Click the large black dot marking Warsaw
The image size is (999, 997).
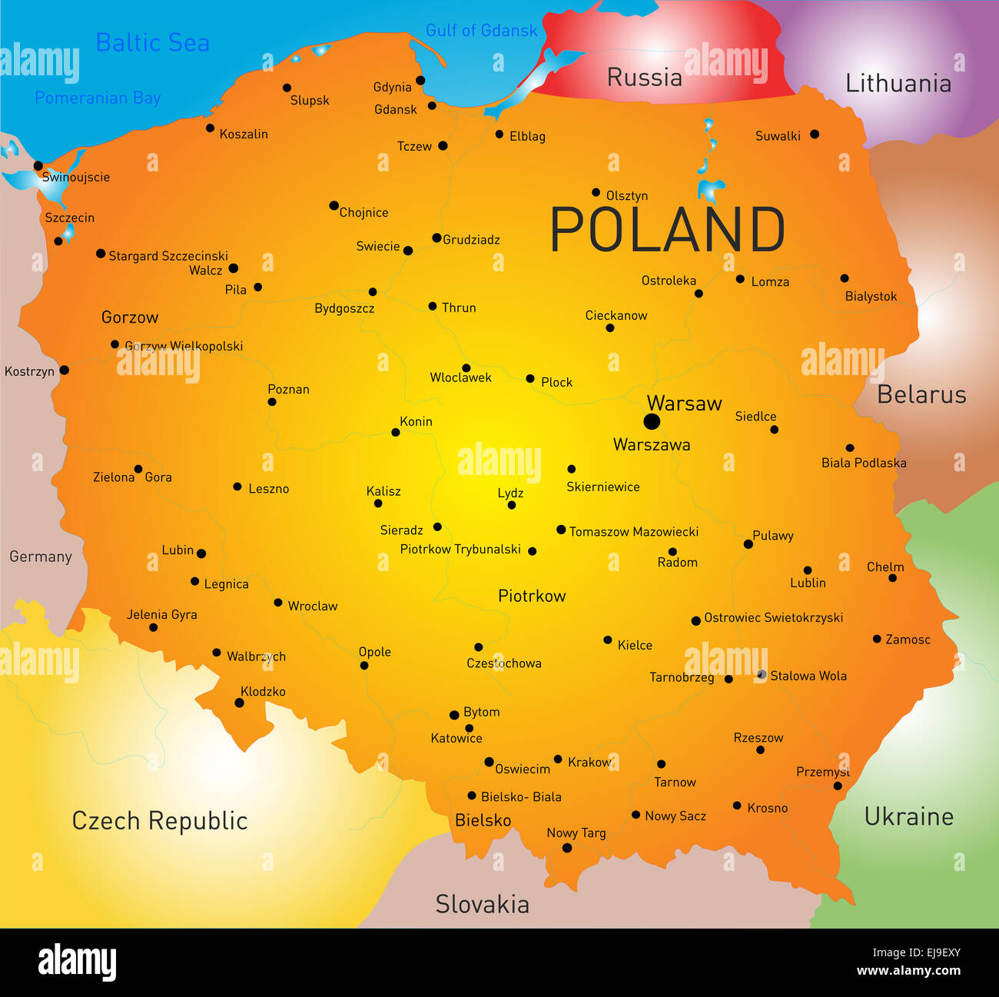click(x=652, y=421)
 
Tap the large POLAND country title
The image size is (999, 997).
click(x=667, y=230)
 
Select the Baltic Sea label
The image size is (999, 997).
click(x=152, y=43)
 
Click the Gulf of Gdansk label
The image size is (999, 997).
click(x=481, y=31)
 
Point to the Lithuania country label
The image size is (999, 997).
click(x=898, y=83)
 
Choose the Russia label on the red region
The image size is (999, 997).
click(x=644, y=78)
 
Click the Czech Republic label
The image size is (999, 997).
click(x=160, y=821)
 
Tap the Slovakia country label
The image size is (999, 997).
click(x=482, y=904)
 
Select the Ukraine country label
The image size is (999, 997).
click(x=908, y=816)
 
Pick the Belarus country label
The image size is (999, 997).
click(x=921, y=394)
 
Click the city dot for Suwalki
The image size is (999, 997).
click(x=815, y=135)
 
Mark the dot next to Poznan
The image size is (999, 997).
click(x=272, y=402)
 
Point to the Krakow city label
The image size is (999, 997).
click(x=589, y=762)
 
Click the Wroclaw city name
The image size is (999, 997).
click(x=312, y=606)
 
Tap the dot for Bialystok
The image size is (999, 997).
click(x=845, y=278)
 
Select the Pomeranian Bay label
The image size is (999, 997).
click(x=98, y=98)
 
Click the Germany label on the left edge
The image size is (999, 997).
click(x=40, y=557)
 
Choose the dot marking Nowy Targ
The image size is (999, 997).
click(x=567, y=848)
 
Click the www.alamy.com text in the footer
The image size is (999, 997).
click(x=908, y=970)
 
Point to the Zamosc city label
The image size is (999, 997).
click(x=908, y=640)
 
